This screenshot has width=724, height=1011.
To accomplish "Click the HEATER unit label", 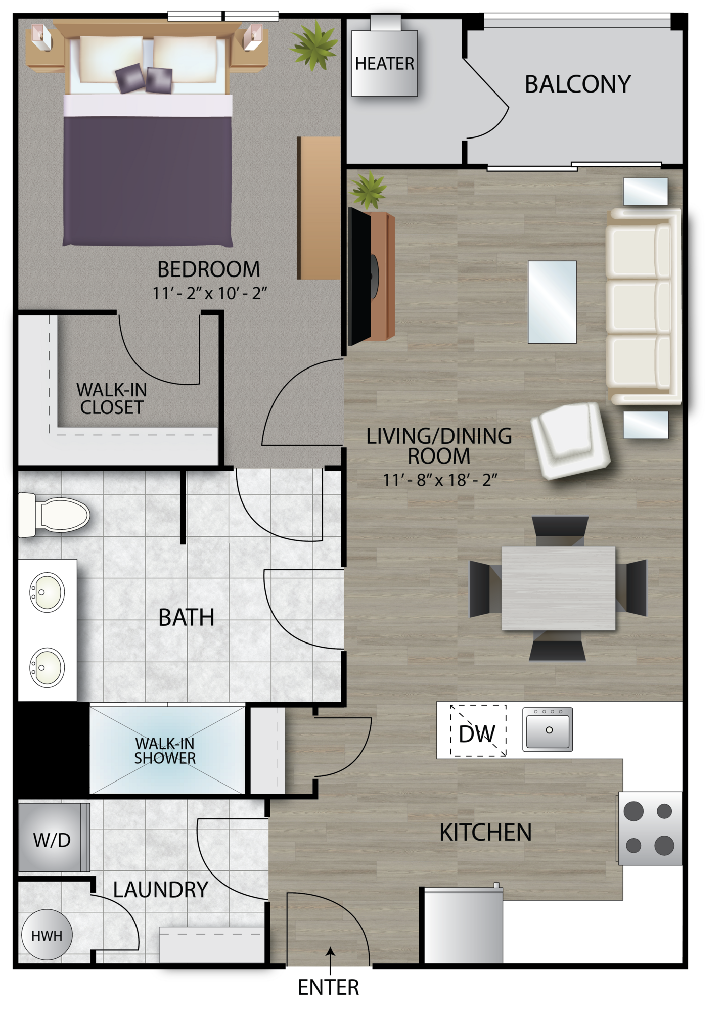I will [384, 64].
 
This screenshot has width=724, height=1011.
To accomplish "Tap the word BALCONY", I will [577, 84].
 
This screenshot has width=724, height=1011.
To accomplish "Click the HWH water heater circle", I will [47, 936].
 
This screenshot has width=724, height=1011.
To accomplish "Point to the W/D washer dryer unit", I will [52, 840].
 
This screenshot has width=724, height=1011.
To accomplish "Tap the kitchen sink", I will [548, 729].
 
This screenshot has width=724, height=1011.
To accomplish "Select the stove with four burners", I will [649, 828].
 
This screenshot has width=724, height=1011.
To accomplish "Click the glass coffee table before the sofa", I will [552, 302].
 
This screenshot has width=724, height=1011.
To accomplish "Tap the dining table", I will [558, 588].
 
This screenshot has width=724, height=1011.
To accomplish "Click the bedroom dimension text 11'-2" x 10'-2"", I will [209, 293].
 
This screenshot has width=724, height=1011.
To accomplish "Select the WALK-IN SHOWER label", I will [165, 751].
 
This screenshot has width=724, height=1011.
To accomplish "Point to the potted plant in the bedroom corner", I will [313, 44].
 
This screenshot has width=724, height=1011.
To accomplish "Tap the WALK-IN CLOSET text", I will [112, 398].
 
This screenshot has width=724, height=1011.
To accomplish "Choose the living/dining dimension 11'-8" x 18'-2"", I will [440, 480].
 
